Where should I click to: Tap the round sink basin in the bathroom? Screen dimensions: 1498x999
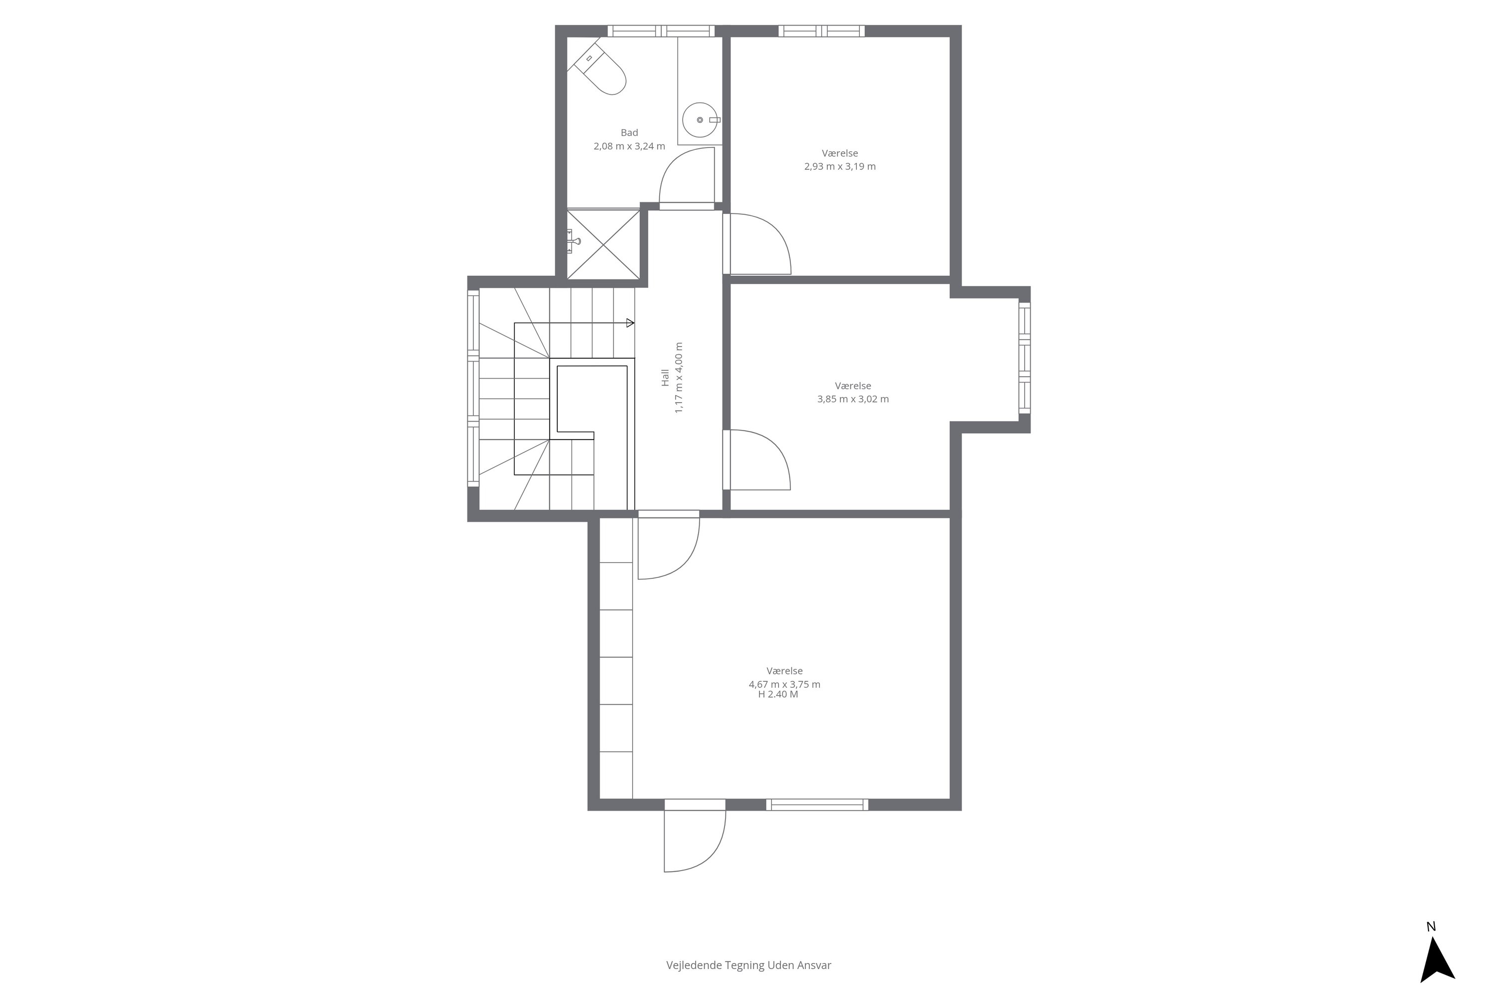[x=700, y=120]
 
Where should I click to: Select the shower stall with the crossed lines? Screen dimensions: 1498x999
[x=603, y=244]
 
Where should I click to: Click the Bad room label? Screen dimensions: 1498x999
[x=629, y=132]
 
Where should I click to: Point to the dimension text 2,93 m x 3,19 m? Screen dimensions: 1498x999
[x=839, y=166]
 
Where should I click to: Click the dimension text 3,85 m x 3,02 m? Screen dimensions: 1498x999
[x=853, y=399]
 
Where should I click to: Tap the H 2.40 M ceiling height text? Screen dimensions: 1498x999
[x=777, y=694]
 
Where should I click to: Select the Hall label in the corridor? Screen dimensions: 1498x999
[x=665, y=377]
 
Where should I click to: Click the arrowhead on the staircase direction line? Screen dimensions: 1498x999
[x=630, y=323]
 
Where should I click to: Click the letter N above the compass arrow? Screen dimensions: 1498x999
[x=1431, y=927]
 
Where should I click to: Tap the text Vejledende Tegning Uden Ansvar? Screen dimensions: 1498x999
[x=749, y=965]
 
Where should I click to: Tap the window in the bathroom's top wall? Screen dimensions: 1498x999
[x=661, y=30]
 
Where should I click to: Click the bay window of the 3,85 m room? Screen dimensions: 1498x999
[x=1024, y=358]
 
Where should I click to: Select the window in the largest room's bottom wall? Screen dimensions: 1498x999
[x=817, y=805]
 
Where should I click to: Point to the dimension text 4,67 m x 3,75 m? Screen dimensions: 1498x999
[x=784, y=684]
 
